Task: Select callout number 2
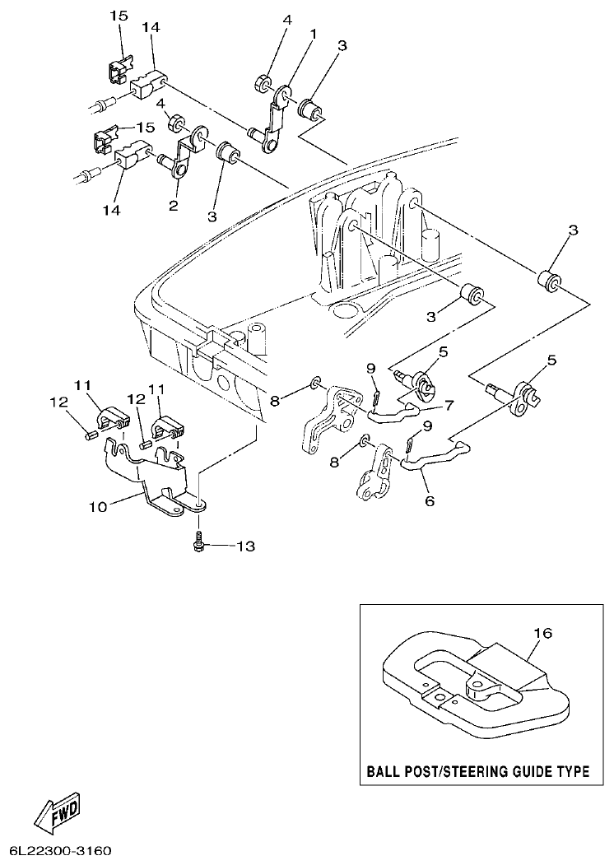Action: point(174,206)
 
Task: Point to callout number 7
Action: point(449,406)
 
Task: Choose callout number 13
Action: point(246,546)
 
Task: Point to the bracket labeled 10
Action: point(165,494)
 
